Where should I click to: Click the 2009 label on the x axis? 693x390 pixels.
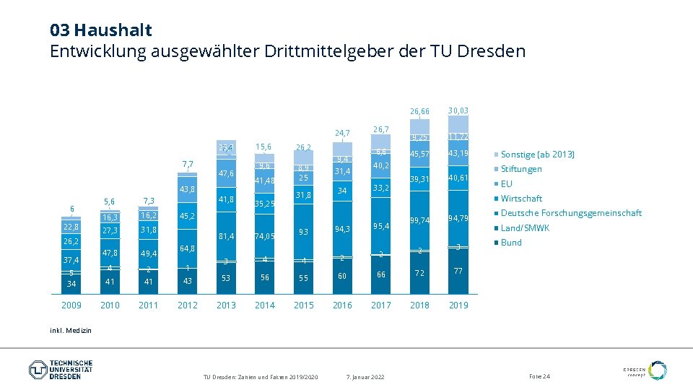point(71,305)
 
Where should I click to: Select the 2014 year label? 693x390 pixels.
point(265,305)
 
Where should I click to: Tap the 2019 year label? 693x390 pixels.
point(458,305)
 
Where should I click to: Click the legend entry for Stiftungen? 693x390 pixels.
point(520,169)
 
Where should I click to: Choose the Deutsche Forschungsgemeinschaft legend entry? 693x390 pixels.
point(570,213)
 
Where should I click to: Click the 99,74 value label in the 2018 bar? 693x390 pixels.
point(420,220)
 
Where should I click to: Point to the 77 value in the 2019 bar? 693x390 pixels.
point(458,271)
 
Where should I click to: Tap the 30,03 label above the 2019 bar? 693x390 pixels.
point(458,110)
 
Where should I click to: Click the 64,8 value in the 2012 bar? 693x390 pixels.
point(188,248)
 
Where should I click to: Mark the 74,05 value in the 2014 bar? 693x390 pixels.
point(265,236)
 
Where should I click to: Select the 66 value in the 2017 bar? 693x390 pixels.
point(381,274)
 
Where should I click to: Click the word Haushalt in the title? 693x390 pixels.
point(113,30)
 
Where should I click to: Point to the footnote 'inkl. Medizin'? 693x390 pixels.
point(71,330)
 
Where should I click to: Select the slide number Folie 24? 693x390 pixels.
point(539,377)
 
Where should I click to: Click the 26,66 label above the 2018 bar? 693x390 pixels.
point(420,112)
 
